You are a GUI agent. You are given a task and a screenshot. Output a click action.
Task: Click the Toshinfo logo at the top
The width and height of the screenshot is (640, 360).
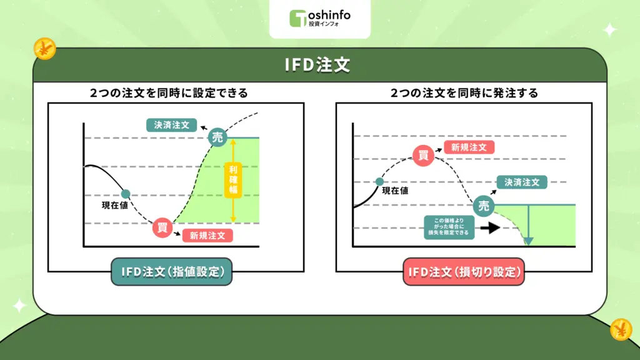[319, 18]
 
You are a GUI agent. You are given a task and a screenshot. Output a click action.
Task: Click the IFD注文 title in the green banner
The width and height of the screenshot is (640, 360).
[319, 66]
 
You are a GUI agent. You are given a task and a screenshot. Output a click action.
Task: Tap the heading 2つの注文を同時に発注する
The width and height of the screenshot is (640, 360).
[464, 93]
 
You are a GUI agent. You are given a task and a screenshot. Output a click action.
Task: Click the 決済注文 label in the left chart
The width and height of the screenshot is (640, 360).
[171, 124]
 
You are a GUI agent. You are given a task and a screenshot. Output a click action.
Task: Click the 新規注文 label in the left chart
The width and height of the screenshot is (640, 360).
[207, 236]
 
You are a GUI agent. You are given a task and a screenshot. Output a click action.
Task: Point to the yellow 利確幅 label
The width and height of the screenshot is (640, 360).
[232, 180]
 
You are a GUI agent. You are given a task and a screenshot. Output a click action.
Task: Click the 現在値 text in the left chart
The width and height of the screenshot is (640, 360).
[115, 205]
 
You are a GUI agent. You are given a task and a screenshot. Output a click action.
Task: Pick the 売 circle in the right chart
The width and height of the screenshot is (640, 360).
[483, 206]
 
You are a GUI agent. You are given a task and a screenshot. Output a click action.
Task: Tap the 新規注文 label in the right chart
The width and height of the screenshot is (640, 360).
[469, 147]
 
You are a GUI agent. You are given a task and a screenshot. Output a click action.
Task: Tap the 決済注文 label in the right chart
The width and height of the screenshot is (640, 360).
[522, 182]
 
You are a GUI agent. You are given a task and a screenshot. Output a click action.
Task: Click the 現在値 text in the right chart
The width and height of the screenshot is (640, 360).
[395, 191]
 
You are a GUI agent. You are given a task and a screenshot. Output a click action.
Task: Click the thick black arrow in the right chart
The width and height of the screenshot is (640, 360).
[490, 227]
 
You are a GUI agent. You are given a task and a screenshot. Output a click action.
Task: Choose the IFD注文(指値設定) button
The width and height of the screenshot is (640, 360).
[171, 272]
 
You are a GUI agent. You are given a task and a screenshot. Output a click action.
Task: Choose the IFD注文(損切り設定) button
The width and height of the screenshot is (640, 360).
[464, 272]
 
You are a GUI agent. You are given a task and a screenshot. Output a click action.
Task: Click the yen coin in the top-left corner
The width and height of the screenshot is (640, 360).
[44, 48]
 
